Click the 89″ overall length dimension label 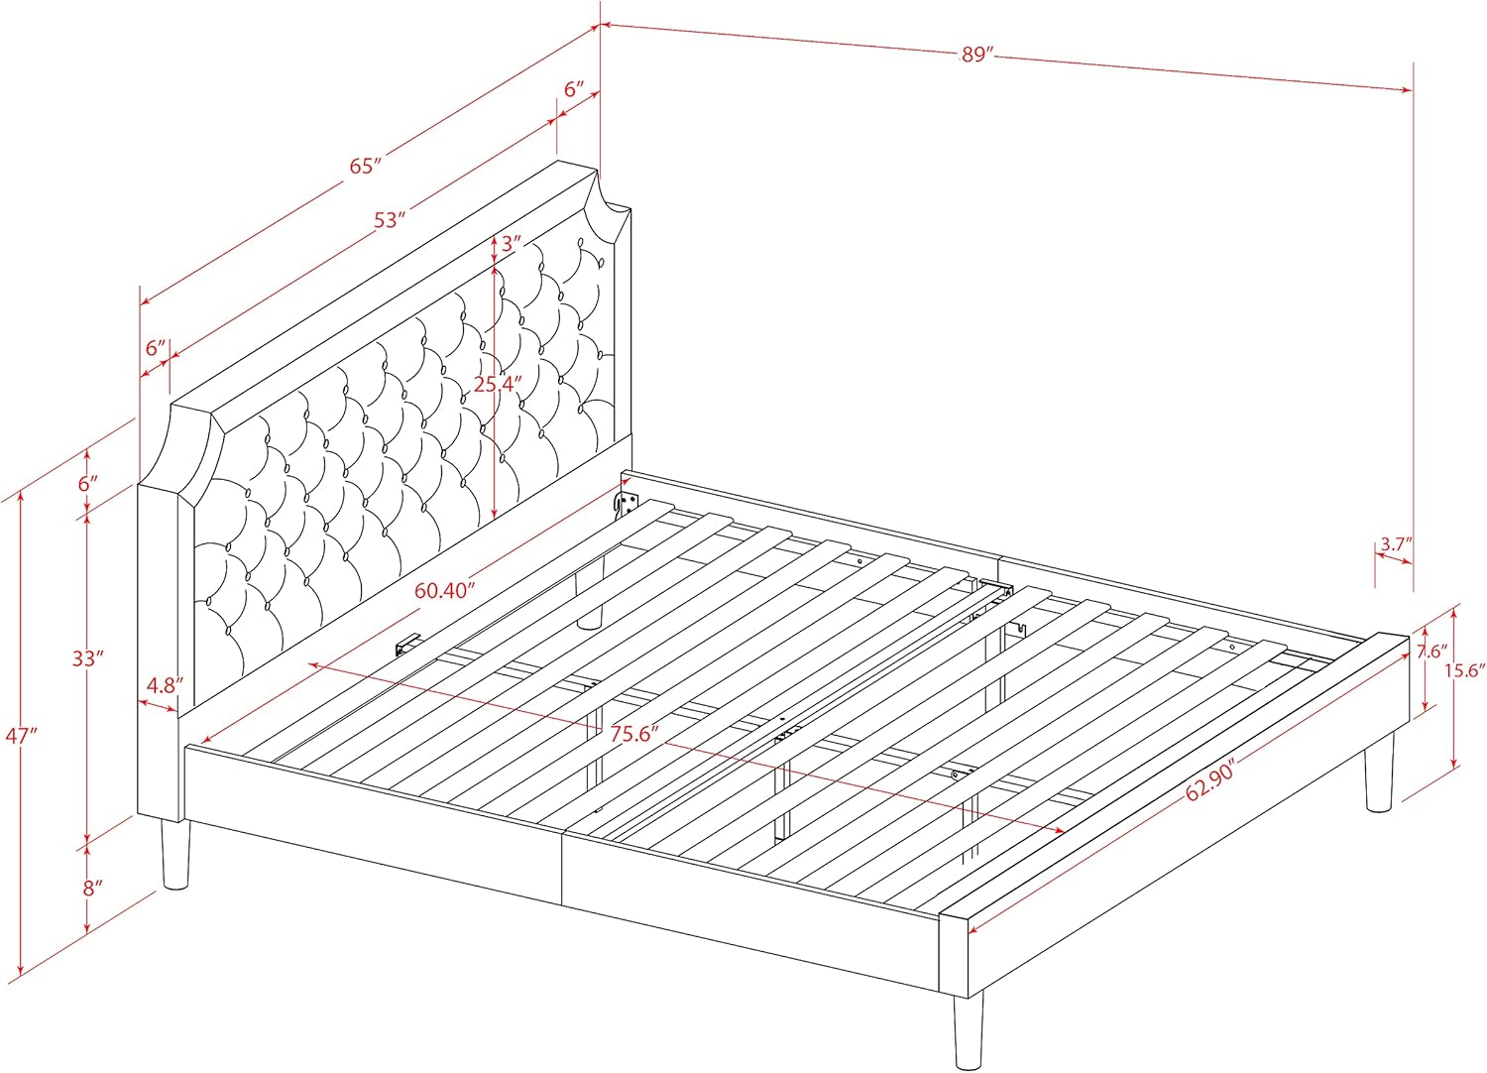coord(976,55)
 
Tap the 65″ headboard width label coord(367,166)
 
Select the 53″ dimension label coord(390,220)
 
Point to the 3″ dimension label coord(512,243)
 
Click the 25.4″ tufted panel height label coord(498,383)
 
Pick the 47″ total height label coord(21,736)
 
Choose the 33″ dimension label coord(88,658)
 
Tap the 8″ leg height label coord(92,889)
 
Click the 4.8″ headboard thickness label coord(161,685)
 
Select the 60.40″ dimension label coord(445,590)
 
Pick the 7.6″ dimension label coord(1432,652)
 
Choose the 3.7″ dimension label coord(1396,543)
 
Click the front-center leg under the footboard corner coord(969,1031)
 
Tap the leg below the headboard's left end coord(175,855)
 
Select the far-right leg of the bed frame coord(1379,780)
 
